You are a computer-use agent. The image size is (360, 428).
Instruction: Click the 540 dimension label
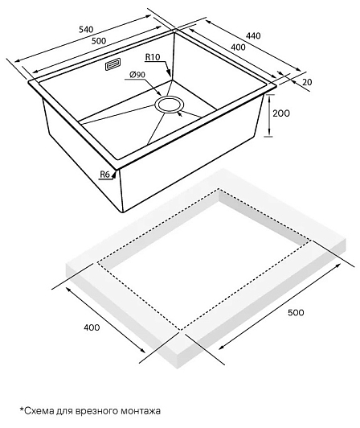coord(86,29)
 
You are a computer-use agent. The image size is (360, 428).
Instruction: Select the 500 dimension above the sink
coord(99,41)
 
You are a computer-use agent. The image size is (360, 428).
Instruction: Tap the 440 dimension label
coord(253,35)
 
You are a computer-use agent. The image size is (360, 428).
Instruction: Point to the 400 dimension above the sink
coord(238,47)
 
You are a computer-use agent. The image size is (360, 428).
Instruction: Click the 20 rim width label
coord(307,82)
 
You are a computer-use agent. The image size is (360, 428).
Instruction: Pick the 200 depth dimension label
coord(281,113)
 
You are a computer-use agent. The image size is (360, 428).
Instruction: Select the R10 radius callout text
coord(153,57)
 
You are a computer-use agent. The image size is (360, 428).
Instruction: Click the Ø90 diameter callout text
coord(137,74)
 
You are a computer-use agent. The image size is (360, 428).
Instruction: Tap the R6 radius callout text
coord(105,175)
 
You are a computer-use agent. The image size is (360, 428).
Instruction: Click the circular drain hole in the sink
coord(170,105)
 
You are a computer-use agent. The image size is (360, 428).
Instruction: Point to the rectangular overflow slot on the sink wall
coord(112,64)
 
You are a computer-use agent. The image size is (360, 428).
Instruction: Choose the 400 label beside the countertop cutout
coord(92,327)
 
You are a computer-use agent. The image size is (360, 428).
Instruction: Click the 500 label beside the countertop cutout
coord(296,312)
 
